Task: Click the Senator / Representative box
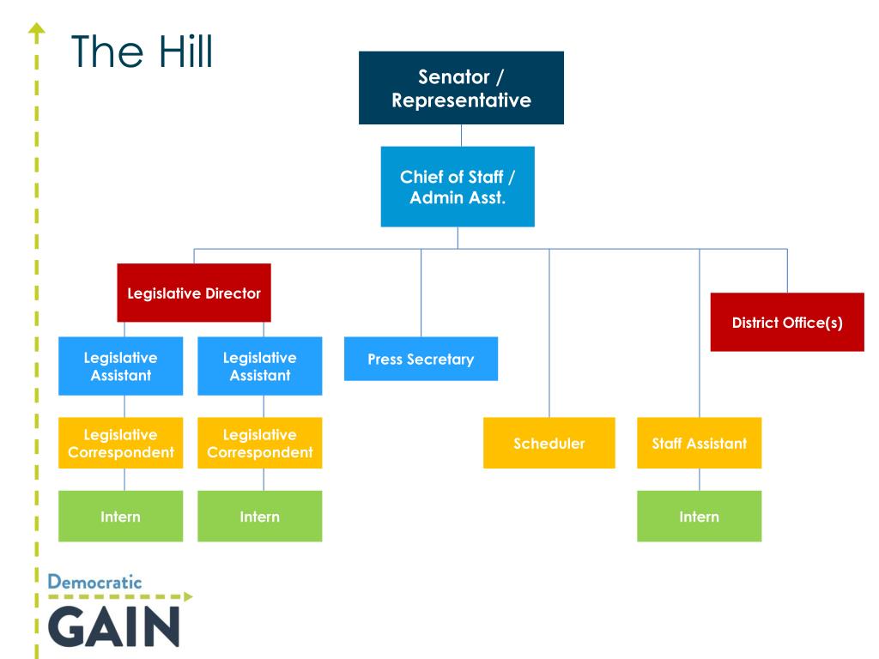[461, 88]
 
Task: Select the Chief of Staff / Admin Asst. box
[458, 186]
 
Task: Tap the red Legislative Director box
[194, 293]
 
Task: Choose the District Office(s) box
[787, 322]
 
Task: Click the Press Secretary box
[421, 359]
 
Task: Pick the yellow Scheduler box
[549, 443]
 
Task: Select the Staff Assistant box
[699, 443]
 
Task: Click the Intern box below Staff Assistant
[699, 516]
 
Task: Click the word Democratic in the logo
[94, 582]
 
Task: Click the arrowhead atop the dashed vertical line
[36, 32]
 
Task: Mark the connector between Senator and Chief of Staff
[461, 135]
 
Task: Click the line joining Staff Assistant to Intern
[699, 479]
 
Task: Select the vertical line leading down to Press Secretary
[421, 292]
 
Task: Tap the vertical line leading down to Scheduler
[549, 335]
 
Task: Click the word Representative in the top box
[461, 100]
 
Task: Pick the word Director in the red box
[233, 293]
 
